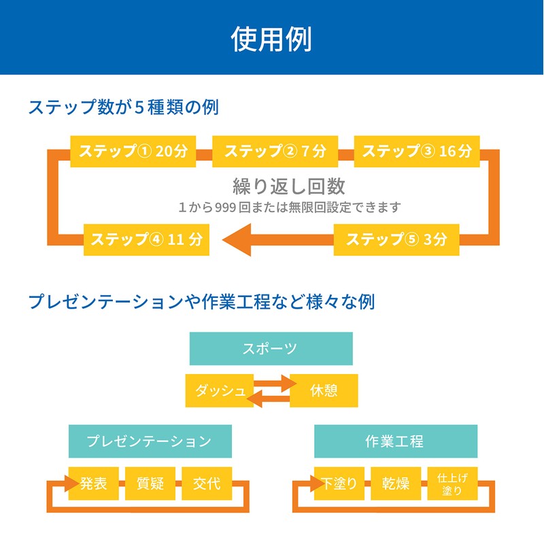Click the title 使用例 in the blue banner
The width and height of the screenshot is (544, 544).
click(x=271, y=39)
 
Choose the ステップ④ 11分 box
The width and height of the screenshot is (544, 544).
click(x=146, y=239)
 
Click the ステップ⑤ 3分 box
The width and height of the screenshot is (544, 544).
click(x=396, y=239)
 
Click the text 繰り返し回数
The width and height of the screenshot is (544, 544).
click(x=289, y=186)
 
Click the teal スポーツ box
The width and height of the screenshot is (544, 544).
click(x=271, y=349)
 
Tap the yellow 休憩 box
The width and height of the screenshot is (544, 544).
click(x=324, y=391)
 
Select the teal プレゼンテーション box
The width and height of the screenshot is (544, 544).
click(x=150, y=441)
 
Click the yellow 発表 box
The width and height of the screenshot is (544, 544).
click(x=94, y=483)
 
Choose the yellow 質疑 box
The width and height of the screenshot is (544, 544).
click(x=150, y=483)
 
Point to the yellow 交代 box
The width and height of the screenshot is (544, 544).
click(x=206, y=483)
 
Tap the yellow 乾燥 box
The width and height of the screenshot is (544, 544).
click(x=395, y=483)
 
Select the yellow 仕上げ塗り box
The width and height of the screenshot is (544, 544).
click(x=452, y=483)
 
